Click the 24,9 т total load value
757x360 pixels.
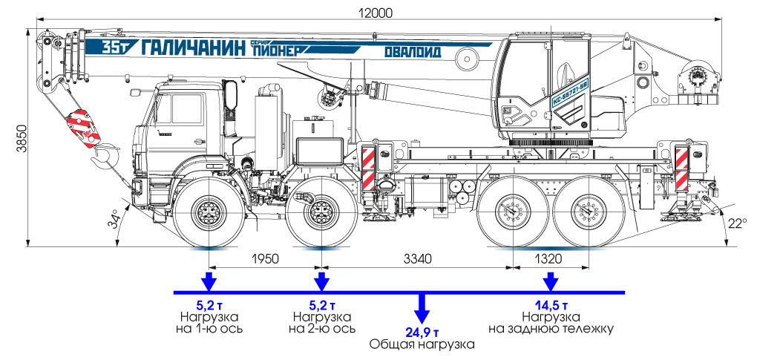pyautogui.click(x=422, y=331)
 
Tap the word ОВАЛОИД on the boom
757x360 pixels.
pyautogui.click(x=413, y=53)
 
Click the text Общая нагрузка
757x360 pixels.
pyautogui.click(x=422, y=345)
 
